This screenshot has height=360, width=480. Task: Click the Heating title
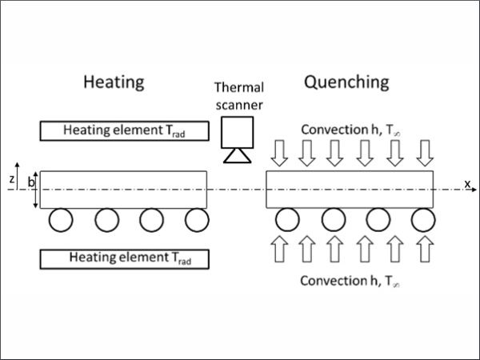tap(114, 82)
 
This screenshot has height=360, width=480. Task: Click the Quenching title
tap(346, 82)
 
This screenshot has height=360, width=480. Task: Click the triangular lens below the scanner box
tap(237, 155)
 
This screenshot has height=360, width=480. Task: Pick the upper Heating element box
tap(123, 130)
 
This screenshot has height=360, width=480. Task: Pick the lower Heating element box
tap(123, 258)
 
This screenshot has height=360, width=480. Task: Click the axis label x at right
tap(467, 184)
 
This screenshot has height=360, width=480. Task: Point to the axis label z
tap(11, 179)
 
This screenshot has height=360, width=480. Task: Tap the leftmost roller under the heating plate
tap(59, 220)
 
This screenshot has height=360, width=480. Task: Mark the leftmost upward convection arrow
tap(277, 250)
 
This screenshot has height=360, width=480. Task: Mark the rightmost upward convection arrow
tap(424, 250)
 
